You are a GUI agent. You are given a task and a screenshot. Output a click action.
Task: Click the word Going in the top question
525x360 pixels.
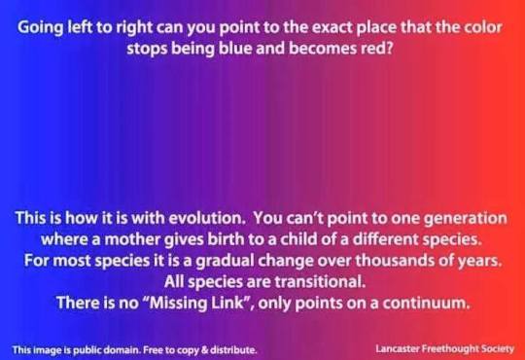pyautogui.click(x=40, y=28)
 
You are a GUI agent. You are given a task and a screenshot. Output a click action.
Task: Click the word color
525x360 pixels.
pyautogui.click(x=483, y=27)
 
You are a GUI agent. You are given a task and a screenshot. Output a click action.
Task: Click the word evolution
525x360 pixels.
pyautogui.click(x=207, y=218)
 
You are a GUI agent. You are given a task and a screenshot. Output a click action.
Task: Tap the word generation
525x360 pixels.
pyautogui.click(x=465, y=219)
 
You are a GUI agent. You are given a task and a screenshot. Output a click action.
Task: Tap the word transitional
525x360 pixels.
pyautogui.click(x=320, y=281)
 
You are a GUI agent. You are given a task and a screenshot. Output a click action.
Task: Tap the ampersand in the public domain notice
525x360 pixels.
pyautogui.click(x=204, y=350)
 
